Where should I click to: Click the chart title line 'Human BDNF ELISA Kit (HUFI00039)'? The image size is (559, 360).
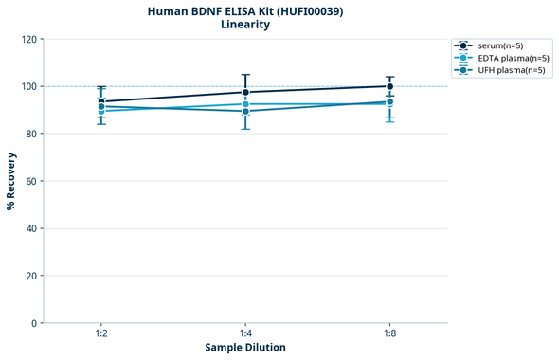tap(244, 11)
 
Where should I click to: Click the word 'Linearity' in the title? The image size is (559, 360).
tap(244, 25)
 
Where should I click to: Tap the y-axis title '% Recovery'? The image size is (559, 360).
tap(11, 181)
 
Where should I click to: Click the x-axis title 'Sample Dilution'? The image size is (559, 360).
tap(245, 348)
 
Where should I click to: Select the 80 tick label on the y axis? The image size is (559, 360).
tap(30, 134)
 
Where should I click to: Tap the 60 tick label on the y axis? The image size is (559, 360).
tap(30, 181)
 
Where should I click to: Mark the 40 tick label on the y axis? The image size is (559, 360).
tap(30, 228)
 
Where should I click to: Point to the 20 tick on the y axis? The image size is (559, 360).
tap(30, 276)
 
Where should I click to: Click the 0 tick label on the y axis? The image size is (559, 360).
tap(33, 323)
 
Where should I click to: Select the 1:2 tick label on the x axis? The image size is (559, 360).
tap(101, 334)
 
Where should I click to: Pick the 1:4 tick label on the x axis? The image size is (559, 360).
tap(245, 334)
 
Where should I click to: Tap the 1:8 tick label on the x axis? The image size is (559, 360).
tap(389, 334)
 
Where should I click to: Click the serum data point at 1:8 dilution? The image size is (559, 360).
tap(389, 86)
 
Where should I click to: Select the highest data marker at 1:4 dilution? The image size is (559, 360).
tap(245, 92)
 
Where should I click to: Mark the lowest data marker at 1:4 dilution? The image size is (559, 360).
tap(245, 111)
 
